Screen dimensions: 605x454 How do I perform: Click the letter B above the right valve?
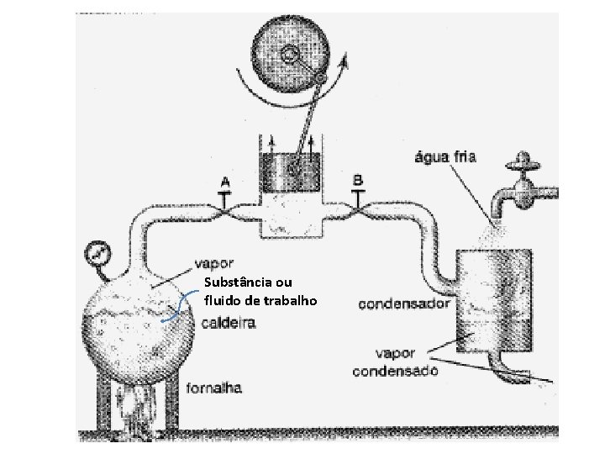[x=358, y=180]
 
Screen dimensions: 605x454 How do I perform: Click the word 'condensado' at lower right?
[x=395, y=371]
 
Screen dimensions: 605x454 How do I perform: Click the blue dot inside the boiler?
[x=161, y=321]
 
